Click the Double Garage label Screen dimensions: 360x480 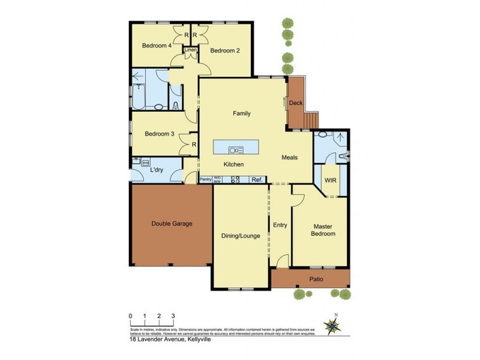pyautogui.click(x=172, y=223)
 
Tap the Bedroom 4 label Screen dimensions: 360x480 pyautogui.click(x=157, y=46)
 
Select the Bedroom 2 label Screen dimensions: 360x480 pyautogui.click(x=224, y=50)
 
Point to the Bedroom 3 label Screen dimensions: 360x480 pyautogui.click(x=159, y=134)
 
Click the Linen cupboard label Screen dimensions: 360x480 pyautogui.click(x=191, y=50)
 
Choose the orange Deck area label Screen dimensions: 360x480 pyautogui.click(x=296, y=103)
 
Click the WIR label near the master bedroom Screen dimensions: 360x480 pyautogui.click(x=330, y=180)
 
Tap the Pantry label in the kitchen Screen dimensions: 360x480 pyautogui.click(x=205, y=179)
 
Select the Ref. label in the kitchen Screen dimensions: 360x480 pyautogui.click(x=257, y=179)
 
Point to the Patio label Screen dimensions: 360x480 pyautogui.click(x=316, y=279)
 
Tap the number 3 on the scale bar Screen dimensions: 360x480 pyautogui.click(x=173, y=316)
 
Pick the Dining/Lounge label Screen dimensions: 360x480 pyautogui.click(x=240, y=236)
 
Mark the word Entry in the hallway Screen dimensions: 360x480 pyautogui.click(x=280, y=225)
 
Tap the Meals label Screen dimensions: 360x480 pyautogui.click(x=290, y=157)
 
